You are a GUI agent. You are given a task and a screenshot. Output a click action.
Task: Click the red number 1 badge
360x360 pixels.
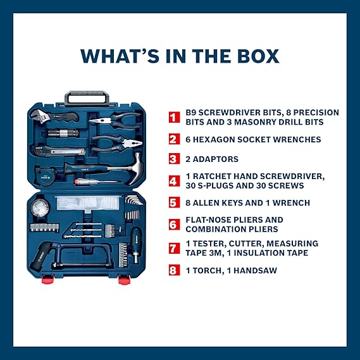(174, 117)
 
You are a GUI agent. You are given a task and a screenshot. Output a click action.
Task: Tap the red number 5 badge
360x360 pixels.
(174, 202)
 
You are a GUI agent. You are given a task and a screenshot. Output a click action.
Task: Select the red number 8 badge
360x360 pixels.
(174, 270)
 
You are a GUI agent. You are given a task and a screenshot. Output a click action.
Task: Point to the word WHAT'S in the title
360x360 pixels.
(120, 56)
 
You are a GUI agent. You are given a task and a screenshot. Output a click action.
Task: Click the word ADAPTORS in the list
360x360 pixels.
(215, 159)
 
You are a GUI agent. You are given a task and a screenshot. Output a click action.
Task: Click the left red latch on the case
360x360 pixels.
(48, 279)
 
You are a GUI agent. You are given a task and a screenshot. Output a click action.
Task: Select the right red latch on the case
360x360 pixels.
(124, 280)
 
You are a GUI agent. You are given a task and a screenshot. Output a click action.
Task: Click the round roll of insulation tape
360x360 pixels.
(40, 208)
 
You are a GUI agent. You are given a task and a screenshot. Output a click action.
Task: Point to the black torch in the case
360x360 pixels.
(42, 256)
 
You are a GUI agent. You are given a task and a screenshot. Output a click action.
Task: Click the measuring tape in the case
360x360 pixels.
(46, 176)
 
